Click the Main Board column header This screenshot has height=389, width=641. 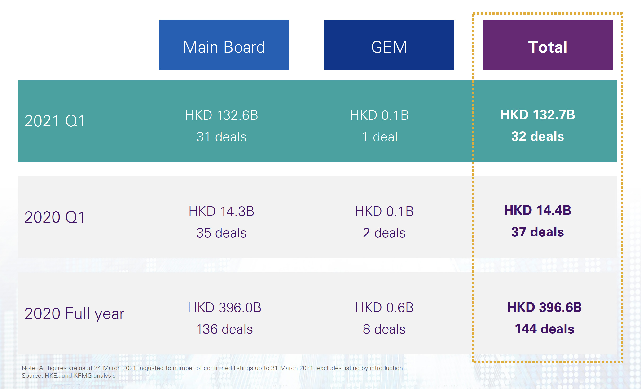(224, 45)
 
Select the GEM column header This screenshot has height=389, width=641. (389, 45)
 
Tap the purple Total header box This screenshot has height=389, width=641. (548, 45)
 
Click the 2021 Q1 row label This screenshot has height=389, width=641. (55, 121)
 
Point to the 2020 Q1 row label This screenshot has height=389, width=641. (55, 217)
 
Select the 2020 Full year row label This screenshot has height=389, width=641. (75, 314)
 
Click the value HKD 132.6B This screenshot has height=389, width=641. (221, 115)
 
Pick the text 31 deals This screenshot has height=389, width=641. (221, 137)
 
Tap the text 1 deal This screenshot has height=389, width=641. (380, 137)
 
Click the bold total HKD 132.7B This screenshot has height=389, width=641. (538, 115)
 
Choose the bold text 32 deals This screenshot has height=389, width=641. (538, 136)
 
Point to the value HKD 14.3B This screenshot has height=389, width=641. (221, 211)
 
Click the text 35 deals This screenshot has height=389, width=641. (221, 233)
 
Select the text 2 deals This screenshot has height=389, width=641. (384, 233)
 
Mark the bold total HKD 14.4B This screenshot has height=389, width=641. (538, 210)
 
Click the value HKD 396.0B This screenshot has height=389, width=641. (224, 308)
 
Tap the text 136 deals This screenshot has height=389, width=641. (224, 329)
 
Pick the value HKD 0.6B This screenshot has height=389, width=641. (384, 308)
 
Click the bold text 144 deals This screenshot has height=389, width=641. (544, 329)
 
